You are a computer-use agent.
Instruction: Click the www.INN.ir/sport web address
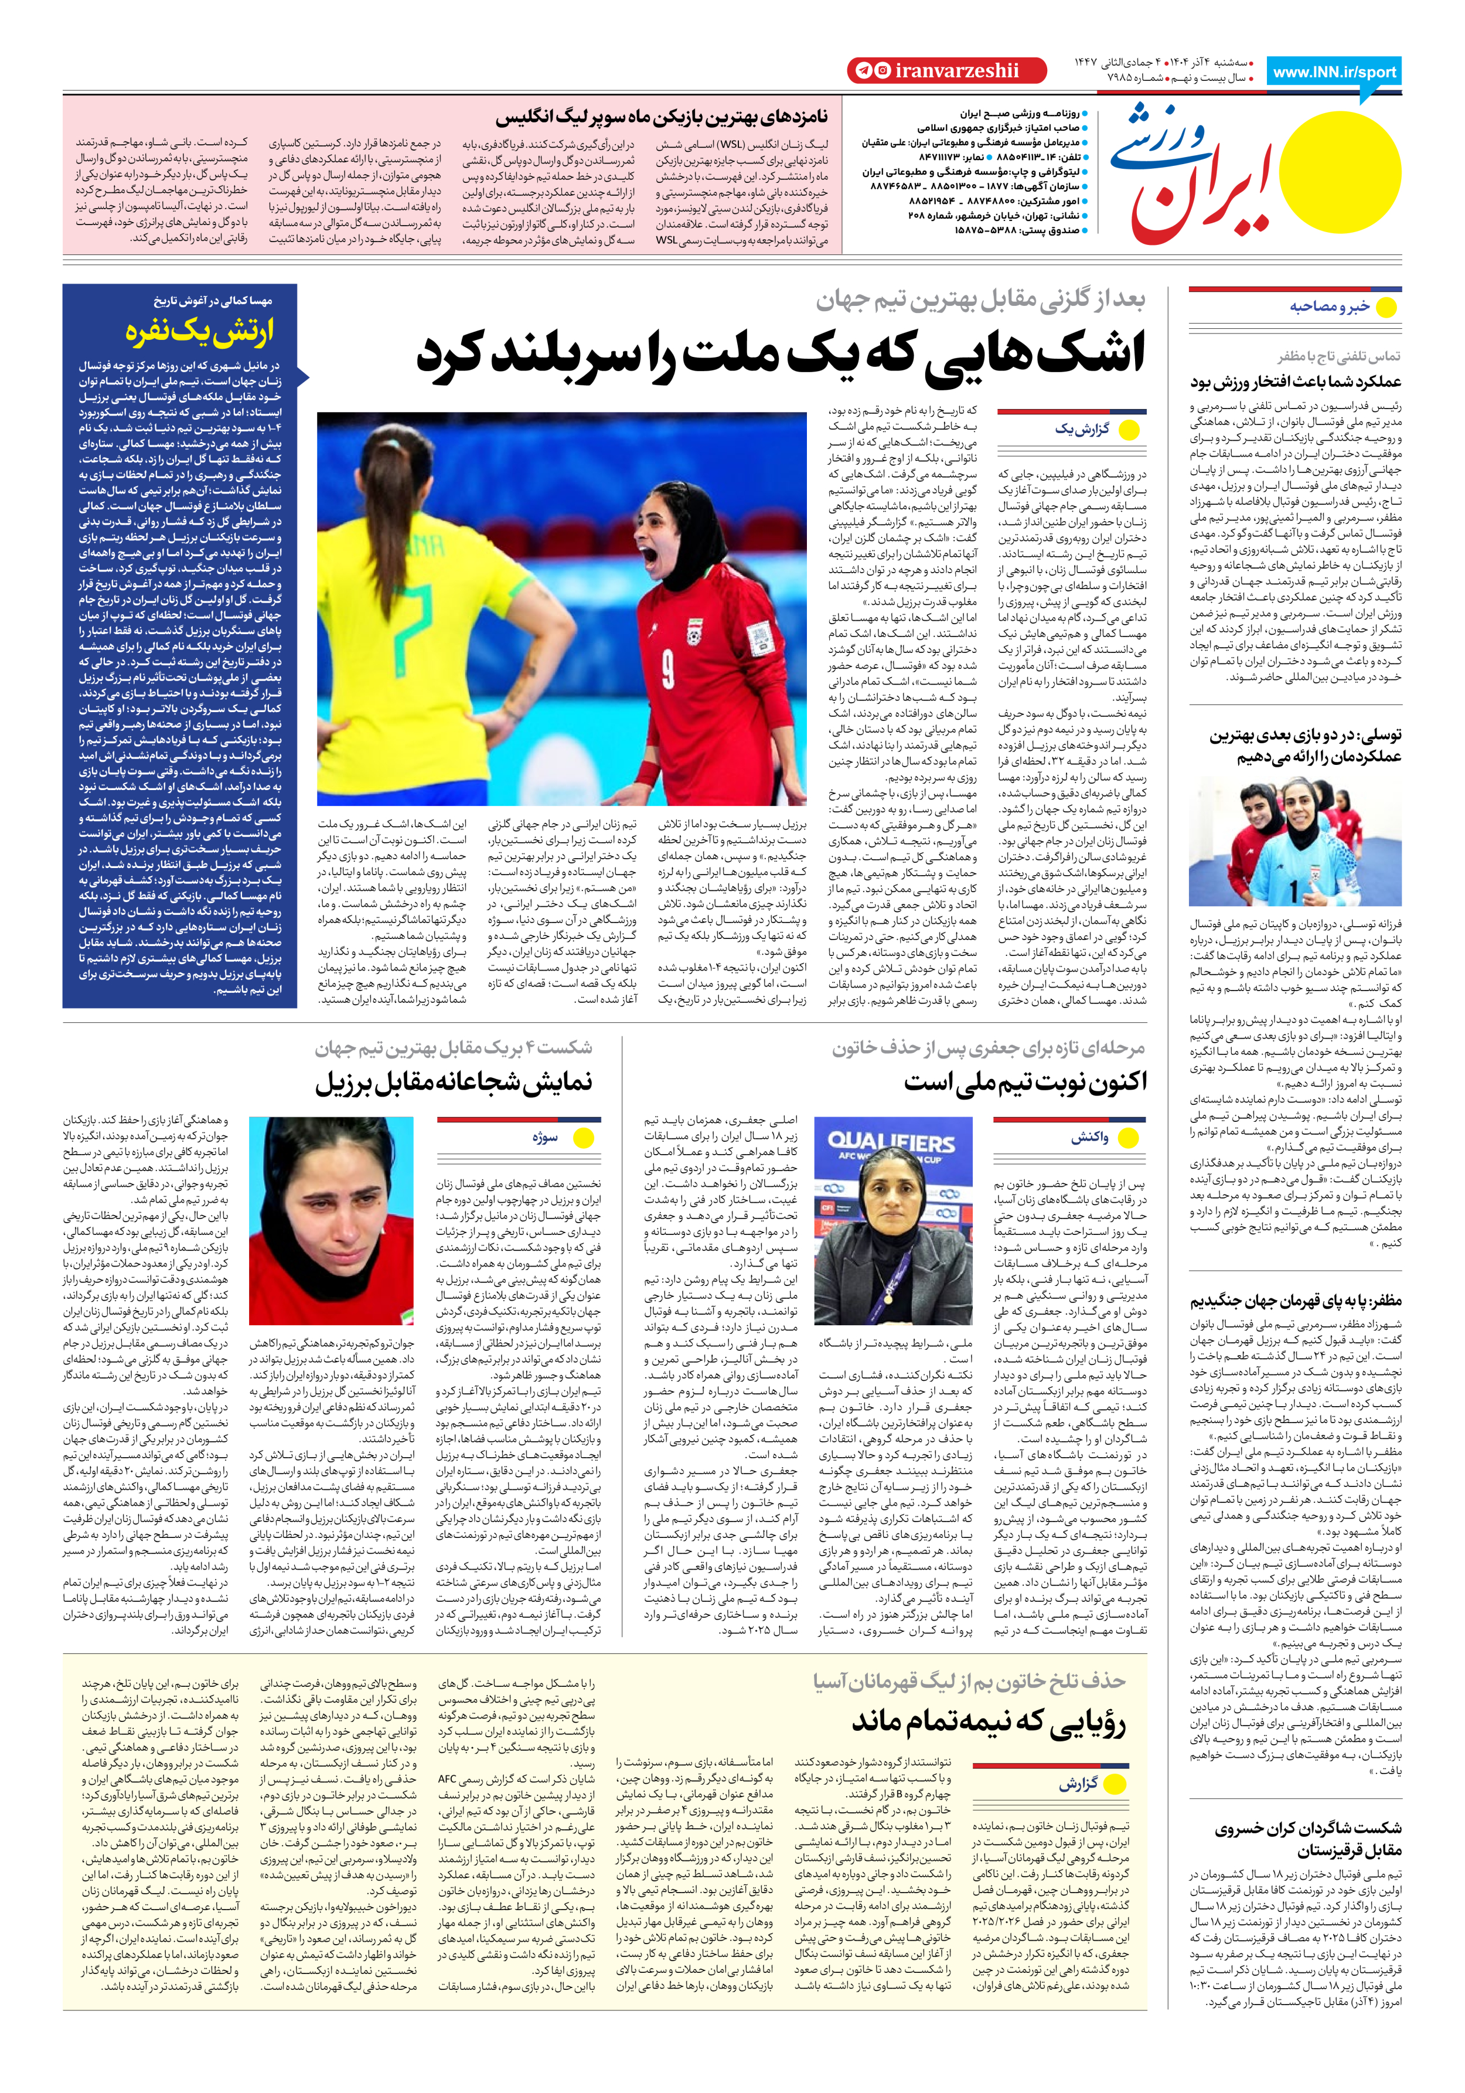[1334, 72]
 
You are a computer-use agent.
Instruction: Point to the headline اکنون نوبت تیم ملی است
[1025, 1082]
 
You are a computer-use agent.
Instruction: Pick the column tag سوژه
[545, 1136]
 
